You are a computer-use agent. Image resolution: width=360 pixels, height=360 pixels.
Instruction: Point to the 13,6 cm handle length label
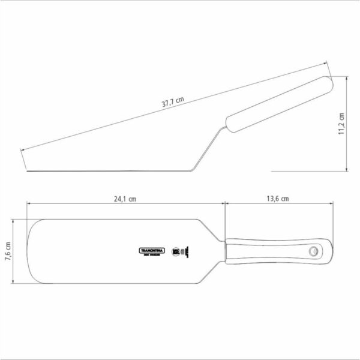[x=278, y=197]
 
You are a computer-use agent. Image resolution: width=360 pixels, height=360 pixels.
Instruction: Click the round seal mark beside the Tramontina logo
[x=176, y=251]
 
